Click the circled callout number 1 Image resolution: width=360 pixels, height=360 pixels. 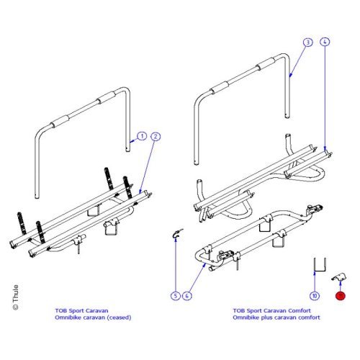pyautogui.click(x=142, y=135)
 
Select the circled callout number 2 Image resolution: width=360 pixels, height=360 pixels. pyautogui.click(x=156, y=135)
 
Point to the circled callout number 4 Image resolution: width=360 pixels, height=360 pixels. pyautogui.click(x=325, y=42)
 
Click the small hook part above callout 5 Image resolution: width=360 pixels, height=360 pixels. pyautogui.click(x=176, y=232)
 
